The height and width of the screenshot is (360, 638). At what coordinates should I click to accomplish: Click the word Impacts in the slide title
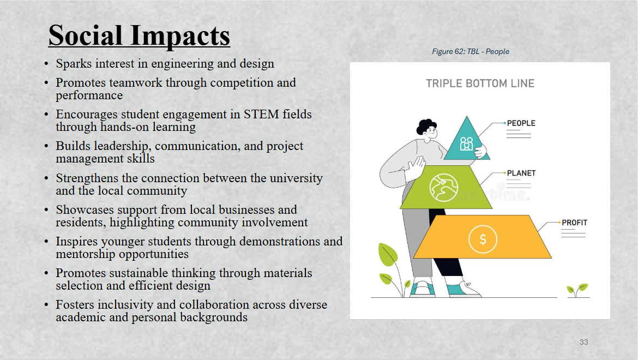(180, 37)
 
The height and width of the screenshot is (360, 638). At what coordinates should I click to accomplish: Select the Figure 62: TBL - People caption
(471, 51)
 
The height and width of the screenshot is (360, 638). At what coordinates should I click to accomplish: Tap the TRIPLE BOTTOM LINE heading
(480, 83)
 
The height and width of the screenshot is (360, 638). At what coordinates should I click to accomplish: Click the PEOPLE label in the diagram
(521, 123)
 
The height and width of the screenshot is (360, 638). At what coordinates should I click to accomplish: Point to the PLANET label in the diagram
(521, 173)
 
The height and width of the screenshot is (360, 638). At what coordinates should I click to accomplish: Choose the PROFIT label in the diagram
(575, 223)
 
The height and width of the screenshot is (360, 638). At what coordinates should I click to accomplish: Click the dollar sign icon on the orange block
(483, 239)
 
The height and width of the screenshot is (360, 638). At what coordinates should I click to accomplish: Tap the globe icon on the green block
(443, 188)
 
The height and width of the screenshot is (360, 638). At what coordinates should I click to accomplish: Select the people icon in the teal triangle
(466, 143)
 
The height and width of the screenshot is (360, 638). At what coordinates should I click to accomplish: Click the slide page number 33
(583, 342)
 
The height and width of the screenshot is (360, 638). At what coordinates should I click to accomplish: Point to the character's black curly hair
(425, 125)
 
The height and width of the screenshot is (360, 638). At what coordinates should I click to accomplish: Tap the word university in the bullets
(296, 178)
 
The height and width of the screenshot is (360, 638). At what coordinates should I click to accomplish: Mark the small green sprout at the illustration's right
(577, 290)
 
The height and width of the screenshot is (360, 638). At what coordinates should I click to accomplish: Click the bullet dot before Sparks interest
(46, 64)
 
